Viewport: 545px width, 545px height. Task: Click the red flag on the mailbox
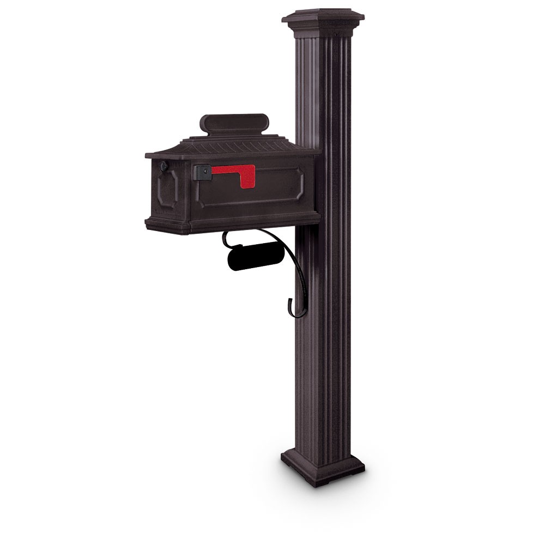point(232,171)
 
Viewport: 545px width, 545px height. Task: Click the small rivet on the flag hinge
point(205,171)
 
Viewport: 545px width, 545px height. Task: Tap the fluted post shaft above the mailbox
point(323,82)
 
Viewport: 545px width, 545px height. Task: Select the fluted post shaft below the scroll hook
point(323,381)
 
